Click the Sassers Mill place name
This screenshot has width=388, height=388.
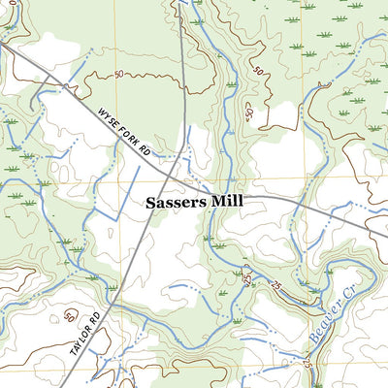(194, 203)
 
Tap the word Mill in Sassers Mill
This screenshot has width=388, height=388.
(225, 203)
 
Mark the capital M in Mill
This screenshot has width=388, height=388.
(213, 203)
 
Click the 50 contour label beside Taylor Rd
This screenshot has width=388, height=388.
(69, 316)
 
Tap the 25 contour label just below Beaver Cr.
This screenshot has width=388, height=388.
(309, 366)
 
